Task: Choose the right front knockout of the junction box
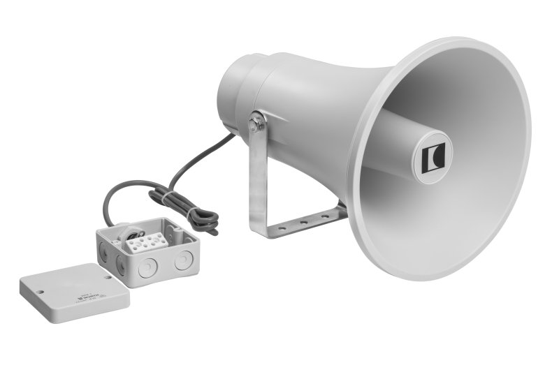[183, 261]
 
